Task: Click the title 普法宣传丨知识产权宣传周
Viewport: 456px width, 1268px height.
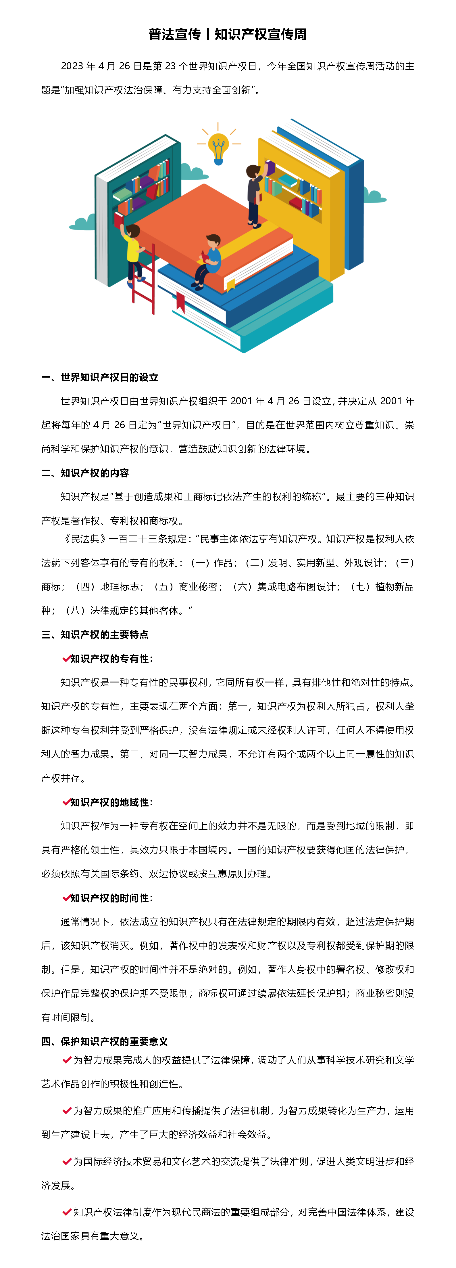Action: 228,35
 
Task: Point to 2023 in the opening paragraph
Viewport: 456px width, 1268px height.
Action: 72,66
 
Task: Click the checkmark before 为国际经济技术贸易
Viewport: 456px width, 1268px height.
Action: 67,1161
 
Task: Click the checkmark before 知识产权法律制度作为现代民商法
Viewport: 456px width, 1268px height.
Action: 67,1212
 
